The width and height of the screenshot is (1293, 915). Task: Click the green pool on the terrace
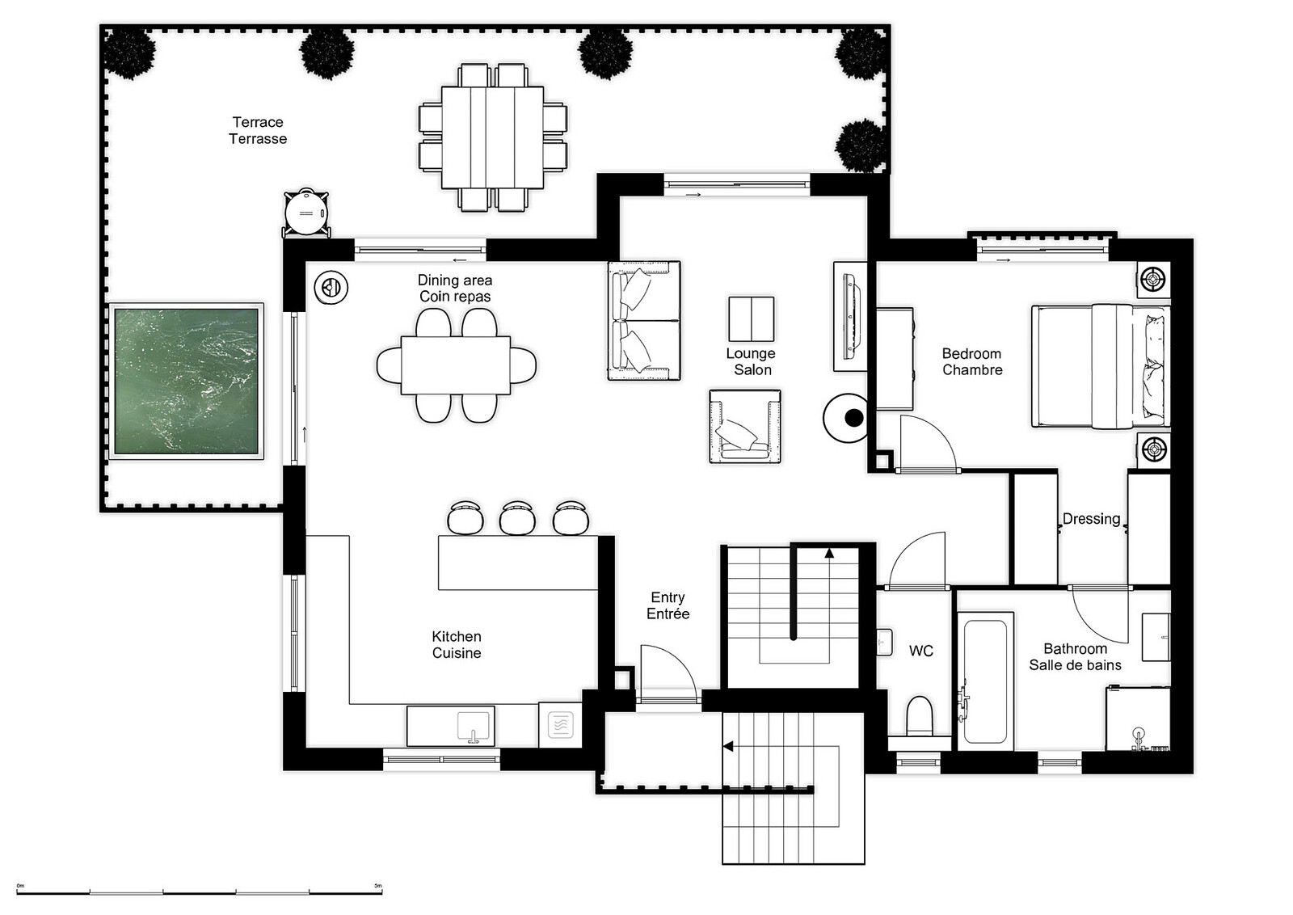coord(187,381)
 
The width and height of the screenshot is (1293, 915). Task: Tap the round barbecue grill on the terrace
coord(306,213)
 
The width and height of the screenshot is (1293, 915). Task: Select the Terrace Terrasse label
coord(258,130)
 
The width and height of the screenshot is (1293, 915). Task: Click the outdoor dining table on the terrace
coord(492,137)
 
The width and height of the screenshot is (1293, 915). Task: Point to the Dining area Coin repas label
coord(455,288)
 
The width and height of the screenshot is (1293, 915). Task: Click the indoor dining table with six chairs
coord(456,365)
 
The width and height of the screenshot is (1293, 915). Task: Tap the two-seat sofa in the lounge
coord(644,320)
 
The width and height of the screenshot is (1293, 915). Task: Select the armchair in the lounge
coord(745,427)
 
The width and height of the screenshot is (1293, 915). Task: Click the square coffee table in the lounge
coord(751,318)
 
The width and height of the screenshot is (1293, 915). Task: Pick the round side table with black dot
coord(845,418)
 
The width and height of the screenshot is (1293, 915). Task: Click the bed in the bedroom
coord(1101,367)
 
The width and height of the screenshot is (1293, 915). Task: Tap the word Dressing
coord(1091,518)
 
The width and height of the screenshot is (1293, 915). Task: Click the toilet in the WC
coord(920,716)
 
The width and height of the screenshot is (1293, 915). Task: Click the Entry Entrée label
coord(668,605)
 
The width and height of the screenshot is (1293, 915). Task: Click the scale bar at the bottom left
coord(199,892)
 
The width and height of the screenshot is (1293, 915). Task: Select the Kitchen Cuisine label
coord(457,644)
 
